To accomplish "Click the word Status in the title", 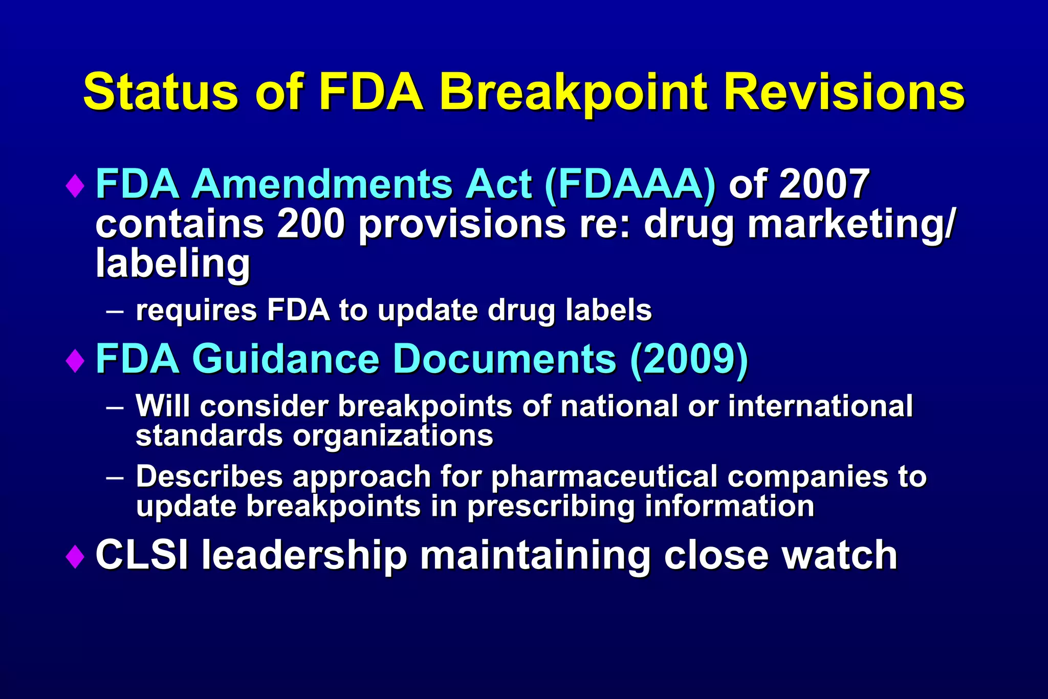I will (160, 92).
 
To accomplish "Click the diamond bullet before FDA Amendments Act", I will (75, 185).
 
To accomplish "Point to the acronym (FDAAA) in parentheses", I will (630, 184).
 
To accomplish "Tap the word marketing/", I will (850, 225).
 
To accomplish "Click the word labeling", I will (173, 264).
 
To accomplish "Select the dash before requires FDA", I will (115, 311).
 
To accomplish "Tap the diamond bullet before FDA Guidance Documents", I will (75, 361).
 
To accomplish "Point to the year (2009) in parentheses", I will (689, 360).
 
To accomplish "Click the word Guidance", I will (286, 360).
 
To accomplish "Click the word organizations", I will (392, 436).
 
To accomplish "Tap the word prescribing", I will (551, 507).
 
